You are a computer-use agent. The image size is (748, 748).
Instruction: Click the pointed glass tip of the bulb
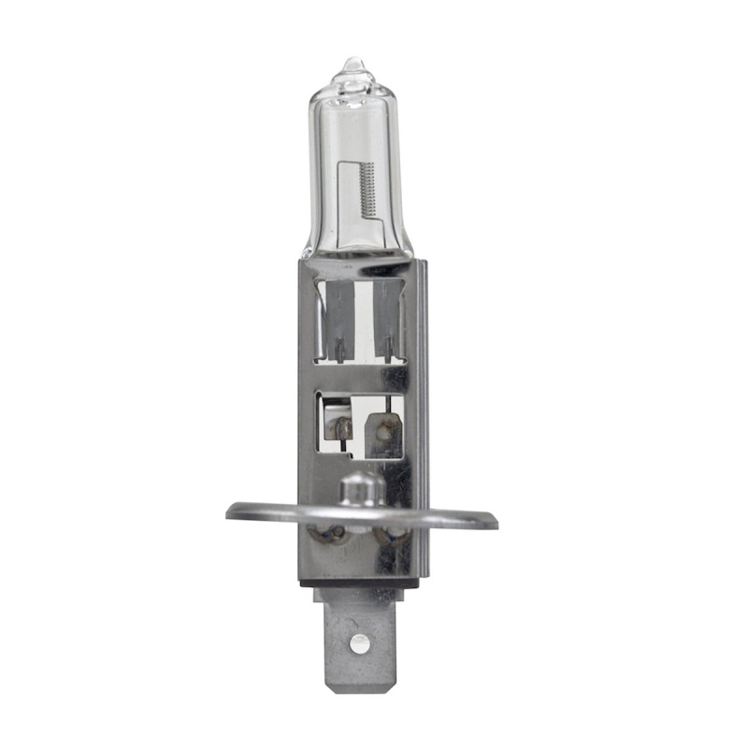[x=352, y=64]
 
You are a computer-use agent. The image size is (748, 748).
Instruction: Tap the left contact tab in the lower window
[x=338, y=428]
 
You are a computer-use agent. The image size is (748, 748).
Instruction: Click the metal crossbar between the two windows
[x=360, y=377]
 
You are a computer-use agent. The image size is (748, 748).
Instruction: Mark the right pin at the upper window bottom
[x=384, y=351]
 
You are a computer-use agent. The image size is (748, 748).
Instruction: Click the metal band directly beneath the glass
[x=360, y=269]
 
